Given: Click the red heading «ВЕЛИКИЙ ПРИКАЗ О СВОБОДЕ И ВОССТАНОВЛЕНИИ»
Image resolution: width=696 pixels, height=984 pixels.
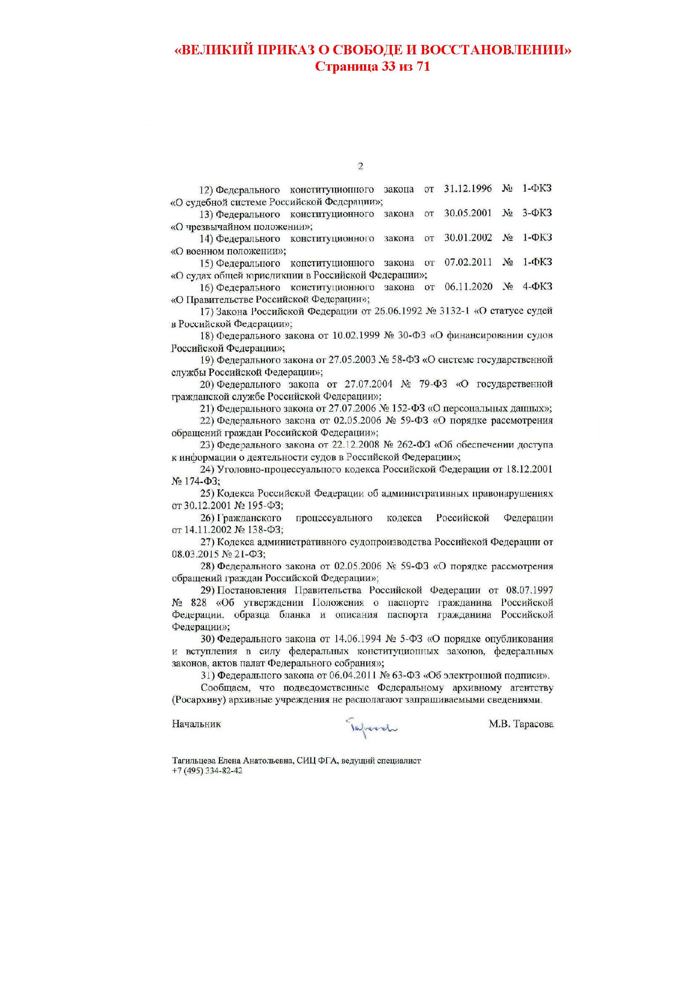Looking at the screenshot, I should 373,50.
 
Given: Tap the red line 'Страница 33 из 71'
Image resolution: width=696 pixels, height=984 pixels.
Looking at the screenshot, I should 372,67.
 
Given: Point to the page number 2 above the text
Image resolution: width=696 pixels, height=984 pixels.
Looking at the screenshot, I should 361,166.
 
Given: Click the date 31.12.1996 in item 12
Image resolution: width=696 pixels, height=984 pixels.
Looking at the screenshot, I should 468,188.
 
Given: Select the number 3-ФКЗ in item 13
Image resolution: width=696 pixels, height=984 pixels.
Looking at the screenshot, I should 537,213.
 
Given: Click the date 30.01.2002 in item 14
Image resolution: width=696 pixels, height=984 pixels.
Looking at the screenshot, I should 468,237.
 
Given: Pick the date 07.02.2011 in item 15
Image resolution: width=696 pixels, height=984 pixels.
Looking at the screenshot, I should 468,262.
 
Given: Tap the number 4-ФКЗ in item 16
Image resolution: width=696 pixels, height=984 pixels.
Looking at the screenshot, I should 537,286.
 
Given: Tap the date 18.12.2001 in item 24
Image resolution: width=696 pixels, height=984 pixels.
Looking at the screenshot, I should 529,469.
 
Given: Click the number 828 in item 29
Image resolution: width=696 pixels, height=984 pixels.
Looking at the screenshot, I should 199,602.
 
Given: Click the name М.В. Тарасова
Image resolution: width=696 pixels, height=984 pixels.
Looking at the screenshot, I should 521,724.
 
